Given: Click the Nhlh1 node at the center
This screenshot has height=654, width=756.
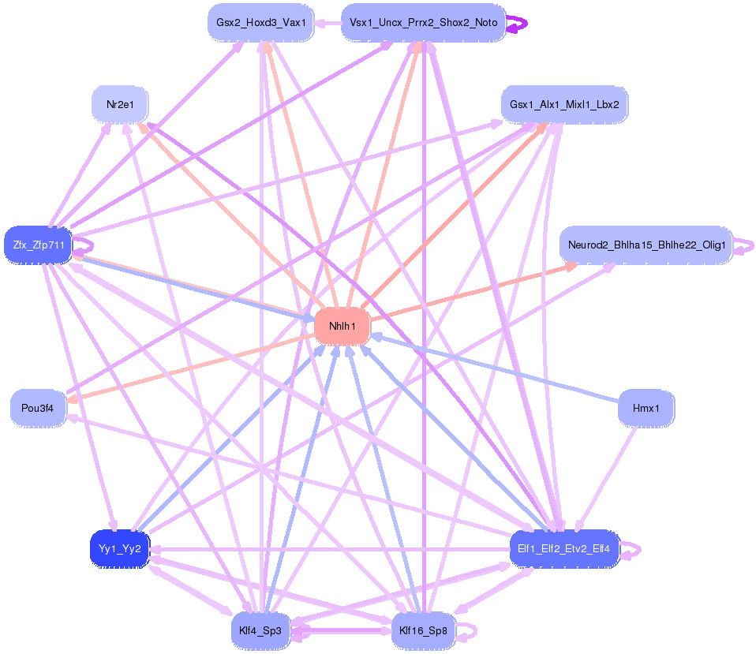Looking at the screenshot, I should (x=342, y=326).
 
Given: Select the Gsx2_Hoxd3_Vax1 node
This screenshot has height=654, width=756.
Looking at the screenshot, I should (x=260, y=22).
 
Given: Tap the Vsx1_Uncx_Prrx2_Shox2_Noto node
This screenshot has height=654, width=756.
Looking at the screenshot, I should (x=423, y=22).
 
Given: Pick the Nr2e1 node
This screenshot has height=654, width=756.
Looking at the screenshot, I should (x=119, y=104).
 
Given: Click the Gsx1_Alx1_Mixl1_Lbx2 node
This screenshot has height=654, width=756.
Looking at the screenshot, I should (x=564, y=104).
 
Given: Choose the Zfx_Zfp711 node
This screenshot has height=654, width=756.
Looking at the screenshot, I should (x=38, y=245).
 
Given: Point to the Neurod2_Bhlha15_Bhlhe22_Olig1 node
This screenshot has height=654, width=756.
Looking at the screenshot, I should (x=646, y=245).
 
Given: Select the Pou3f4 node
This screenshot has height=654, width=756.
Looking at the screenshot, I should (x=38, y=408).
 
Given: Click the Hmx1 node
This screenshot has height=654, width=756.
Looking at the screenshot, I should (x=646, y=408).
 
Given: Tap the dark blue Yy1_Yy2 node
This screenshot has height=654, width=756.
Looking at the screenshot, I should (x=119, y=548).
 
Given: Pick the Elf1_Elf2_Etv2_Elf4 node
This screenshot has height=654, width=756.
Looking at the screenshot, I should (x=564, y=548).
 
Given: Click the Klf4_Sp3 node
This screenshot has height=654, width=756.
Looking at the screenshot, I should (x=260, y=630).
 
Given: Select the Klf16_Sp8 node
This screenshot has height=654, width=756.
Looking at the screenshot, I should (x=423, y=630).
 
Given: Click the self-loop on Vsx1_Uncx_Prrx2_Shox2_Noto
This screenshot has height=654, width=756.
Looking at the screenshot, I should (x=518, y=23).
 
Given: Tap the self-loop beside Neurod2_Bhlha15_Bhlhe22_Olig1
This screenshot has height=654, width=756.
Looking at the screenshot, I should (x=747, y=246).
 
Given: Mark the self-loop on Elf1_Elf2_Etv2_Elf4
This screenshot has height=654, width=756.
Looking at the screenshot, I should (x=634, y=549).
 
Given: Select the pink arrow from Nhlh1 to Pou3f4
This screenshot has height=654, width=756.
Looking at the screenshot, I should (x=197, y=364).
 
